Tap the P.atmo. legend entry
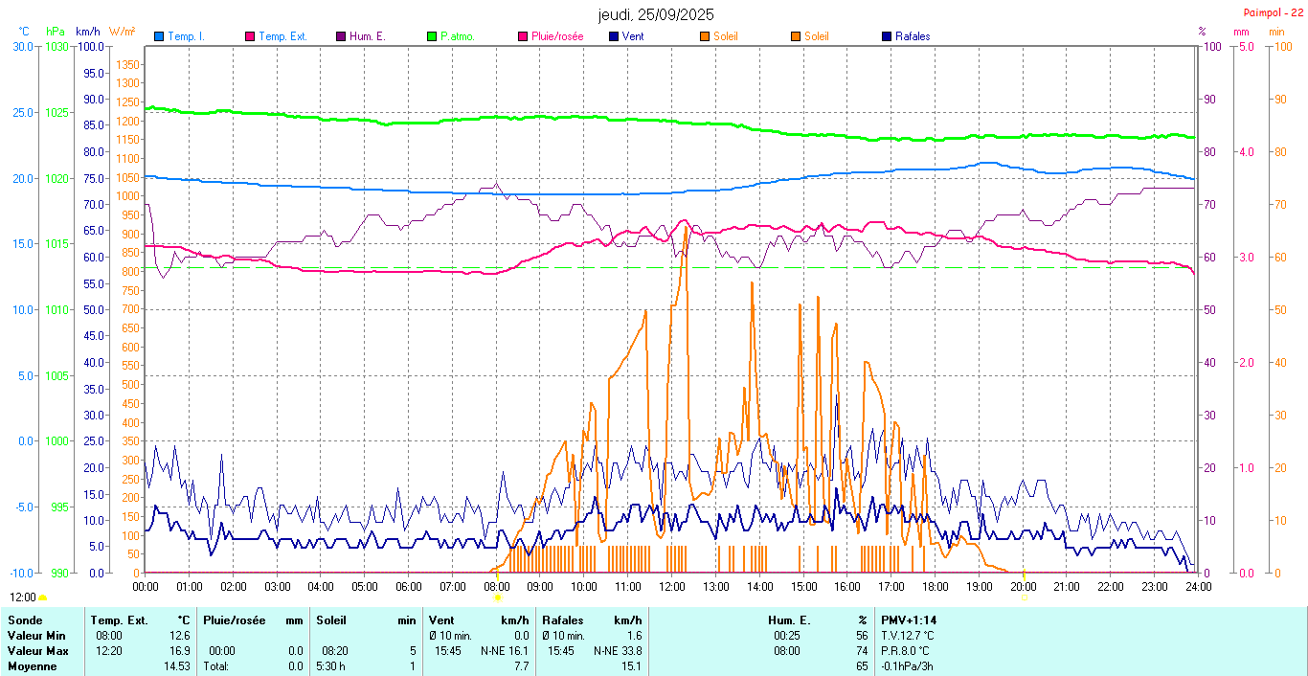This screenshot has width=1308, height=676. click(458, 36)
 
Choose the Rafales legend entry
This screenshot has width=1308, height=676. click(913, 36)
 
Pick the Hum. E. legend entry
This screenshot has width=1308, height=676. click(368, 36)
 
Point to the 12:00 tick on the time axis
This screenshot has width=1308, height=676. click(672, 587)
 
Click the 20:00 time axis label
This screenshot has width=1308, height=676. click(1023, 587)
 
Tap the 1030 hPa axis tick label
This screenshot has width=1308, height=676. click(56, 46)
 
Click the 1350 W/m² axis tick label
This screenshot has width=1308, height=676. click(128, 65)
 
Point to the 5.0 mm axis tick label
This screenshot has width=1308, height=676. click(1246, 46)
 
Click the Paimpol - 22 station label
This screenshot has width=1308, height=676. click(1273, 11)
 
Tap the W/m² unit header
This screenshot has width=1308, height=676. click(122, 31)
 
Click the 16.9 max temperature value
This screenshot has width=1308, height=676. click(180, 651)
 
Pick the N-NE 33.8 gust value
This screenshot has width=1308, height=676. click(617, 651)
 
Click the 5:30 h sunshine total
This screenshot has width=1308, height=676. click(331, 666)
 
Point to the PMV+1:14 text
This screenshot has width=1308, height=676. click(910, 620)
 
